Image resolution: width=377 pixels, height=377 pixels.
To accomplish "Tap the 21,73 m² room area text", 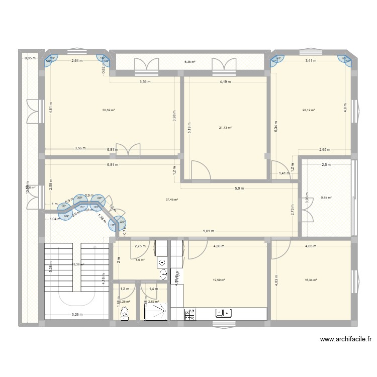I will [x=225, y=128].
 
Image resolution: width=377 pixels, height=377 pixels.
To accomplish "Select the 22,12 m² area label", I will [x=309, y=110].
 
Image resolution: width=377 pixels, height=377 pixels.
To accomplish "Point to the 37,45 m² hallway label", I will [x=172, y=200].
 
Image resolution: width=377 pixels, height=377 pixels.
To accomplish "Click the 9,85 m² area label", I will [x=326, y=198].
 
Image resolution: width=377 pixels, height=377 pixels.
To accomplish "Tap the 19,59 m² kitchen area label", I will [x=219, y=280].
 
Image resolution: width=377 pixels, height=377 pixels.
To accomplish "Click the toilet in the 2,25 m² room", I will [x=124, y=313].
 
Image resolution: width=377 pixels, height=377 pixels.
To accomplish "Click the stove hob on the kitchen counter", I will [x=191, y=314].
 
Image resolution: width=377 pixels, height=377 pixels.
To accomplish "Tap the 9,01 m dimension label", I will [x=208, y=231].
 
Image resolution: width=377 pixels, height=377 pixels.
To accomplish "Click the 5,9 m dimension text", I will [x=239, y=189].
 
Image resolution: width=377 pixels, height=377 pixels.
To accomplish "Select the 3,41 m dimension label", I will [x=312, y=61].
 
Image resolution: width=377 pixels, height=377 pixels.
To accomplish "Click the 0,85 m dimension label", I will [x=30, y=58].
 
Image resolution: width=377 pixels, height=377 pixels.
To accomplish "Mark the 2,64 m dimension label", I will [x=76, y=61].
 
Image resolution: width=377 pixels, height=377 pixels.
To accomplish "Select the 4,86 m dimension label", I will [x=219, y=246].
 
